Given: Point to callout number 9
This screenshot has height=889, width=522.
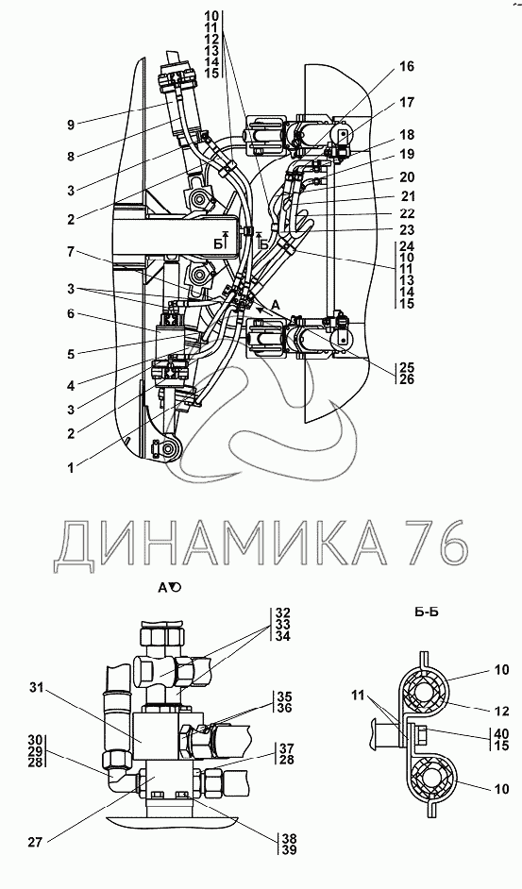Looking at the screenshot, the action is [x=71, y=126].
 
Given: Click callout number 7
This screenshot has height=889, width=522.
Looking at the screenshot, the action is [x=71, y=252].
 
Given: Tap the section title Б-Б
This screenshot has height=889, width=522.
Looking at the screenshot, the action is [x=428, y=612].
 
